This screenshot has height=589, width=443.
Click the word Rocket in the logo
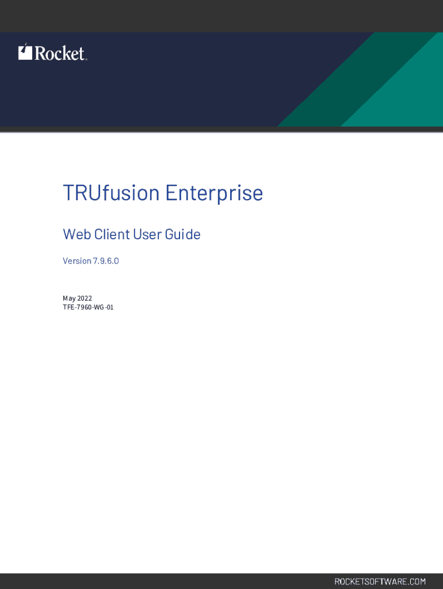point(60,53)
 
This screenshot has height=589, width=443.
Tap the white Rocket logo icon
point(25,52)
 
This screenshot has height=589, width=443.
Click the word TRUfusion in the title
point(111,193)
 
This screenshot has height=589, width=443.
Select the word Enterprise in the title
point(214,193)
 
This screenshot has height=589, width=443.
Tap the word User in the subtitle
point(147,235)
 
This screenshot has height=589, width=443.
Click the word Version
point(77,261)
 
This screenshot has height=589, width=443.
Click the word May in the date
point(69,299)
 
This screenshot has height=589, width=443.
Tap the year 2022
point(85,299)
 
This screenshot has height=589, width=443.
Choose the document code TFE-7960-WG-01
point(88,307)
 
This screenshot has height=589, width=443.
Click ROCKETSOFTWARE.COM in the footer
point(380,582)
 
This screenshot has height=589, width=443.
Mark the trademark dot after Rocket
point(86,59)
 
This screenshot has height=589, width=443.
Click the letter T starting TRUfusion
point(68,193)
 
